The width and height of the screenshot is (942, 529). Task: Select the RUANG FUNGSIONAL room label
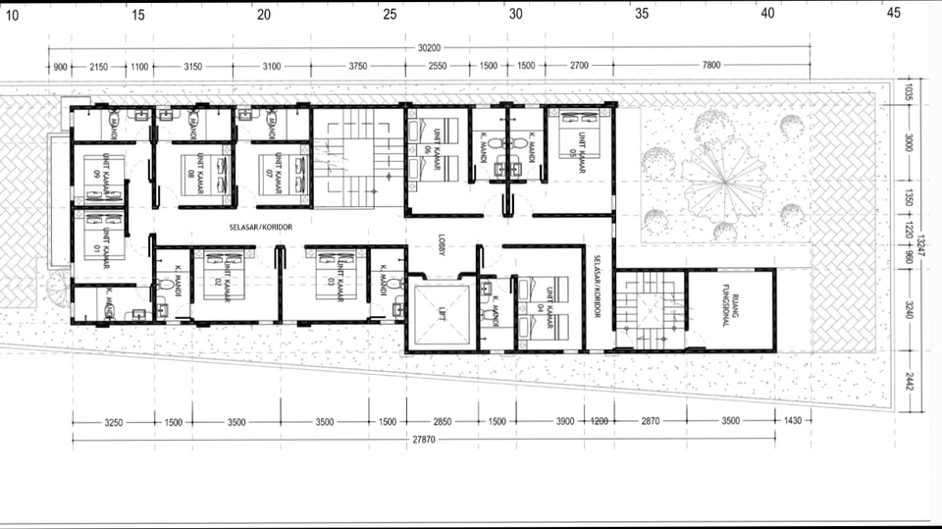click(x=727, y=303)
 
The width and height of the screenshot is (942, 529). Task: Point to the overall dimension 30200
click(x=430, y=47)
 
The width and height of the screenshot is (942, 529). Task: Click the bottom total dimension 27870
click(x=424, y=441)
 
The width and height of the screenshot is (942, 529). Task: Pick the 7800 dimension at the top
click(x=711, y=66)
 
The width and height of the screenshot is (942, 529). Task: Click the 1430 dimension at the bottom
click(x=793, y=421)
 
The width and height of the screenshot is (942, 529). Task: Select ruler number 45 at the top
click(x=893, y=14)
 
